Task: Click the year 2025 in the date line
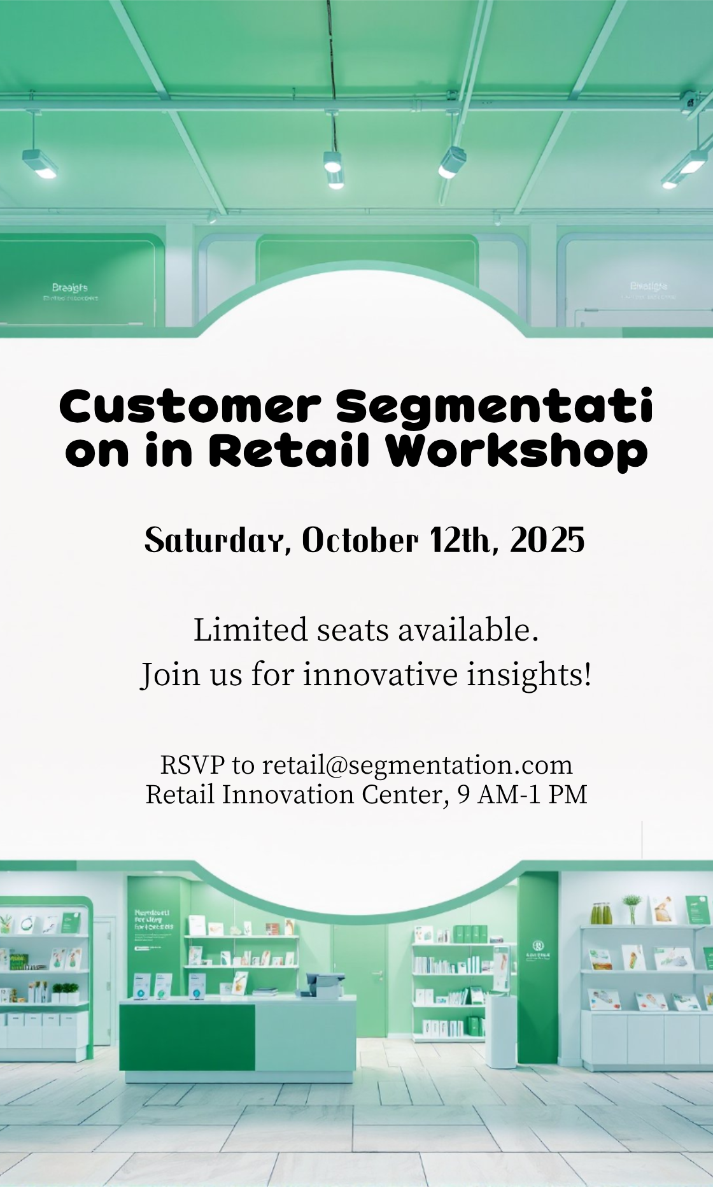pyautogui.click(x=547, y=541)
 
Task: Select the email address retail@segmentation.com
pyautogui.click(x=417, y=765)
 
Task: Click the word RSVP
pyautogui.click(x=192, y=765)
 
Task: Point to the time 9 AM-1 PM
pyautogui.click(x=522, y=795)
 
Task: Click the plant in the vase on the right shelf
pyautogui.click(x=631, y=904)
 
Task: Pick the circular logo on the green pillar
pyautogui.click(x=538, y=945)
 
